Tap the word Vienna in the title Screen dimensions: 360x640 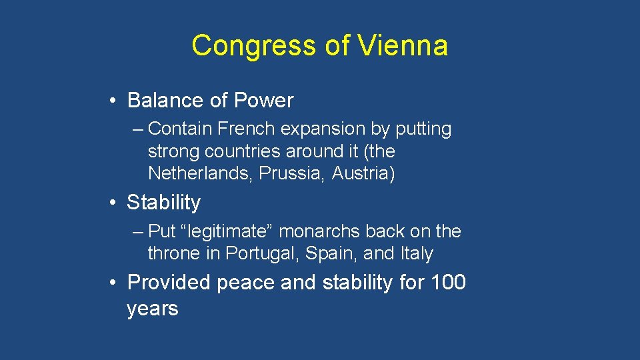point(402,46)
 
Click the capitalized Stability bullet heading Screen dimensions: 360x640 point(163,202)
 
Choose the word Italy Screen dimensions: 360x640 point(417,254)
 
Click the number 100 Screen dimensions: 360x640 point(449,283)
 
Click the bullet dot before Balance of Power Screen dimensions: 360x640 point(115,101)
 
